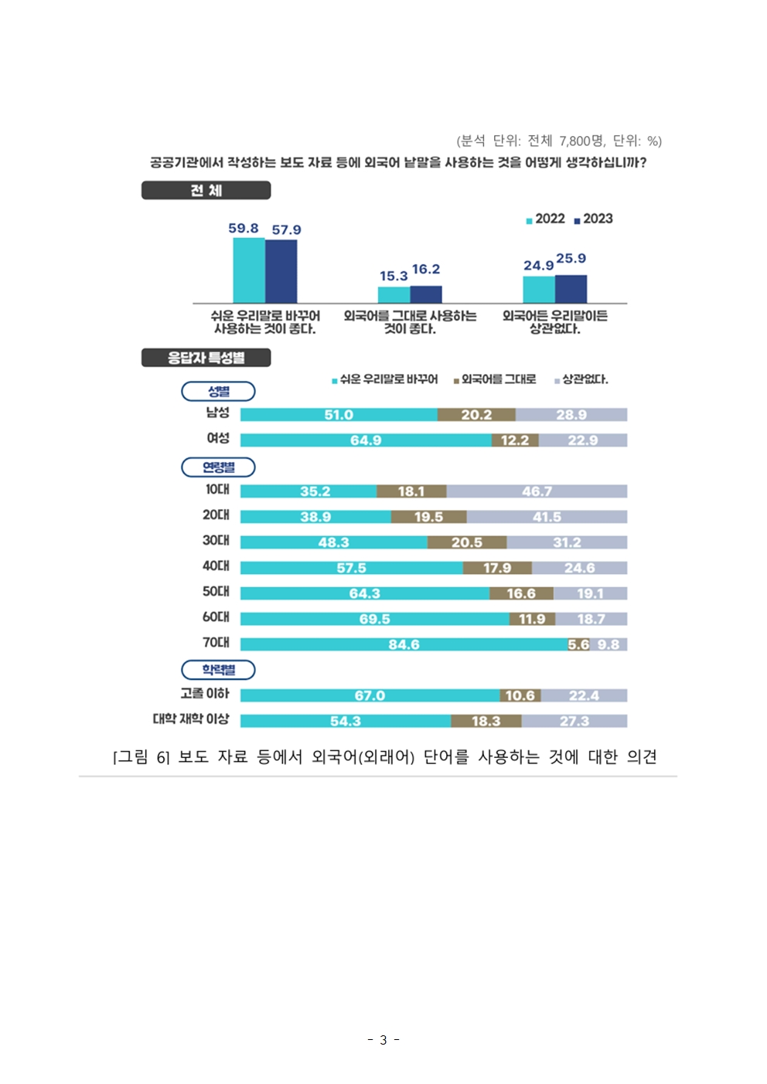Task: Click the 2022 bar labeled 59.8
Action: coord(249,270)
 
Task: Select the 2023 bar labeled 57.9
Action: coord(281,271)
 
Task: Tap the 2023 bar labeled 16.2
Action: coord(426,294)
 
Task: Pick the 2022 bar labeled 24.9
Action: coord(539,290)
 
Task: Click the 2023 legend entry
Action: coord(593,219)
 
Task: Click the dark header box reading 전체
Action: coord(206,190)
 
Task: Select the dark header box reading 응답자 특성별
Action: coord(206,358)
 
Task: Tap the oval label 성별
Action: coord(218,392)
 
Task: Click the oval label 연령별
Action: coord(218,467)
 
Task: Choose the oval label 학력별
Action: coord(218,670)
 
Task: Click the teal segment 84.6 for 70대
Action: coord(404,644)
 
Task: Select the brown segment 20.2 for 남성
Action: coord(476,415)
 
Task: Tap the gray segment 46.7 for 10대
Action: coord(537,491)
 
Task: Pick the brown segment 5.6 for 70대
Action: coord(578,644)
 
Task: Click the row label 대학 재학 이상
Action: coord(191,719)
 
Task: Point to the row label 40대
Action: coord(216,566)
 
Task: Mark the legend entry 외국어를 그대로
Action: coord(495,379)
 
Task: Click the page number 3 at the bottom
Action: coord(383,1040)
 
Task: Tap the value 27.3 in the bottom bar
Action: coord(574,721)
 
